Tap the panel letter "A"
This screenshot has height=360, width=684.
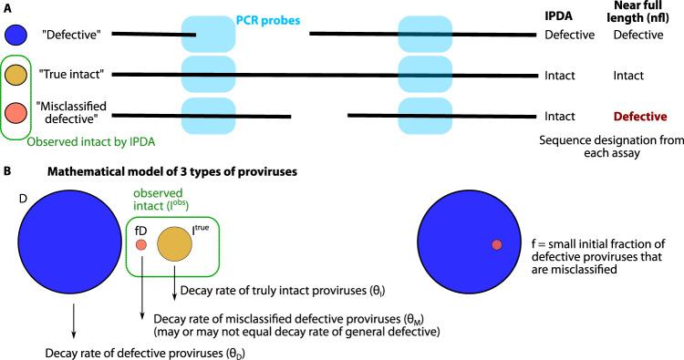pos(8,7)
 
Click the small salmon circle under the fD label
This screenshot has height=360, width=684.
pos(141,245)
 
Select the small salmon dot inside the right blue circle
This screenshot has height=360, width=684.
pos(496,244)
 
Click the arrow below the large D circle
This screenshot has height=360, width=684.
pos(73,324)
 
